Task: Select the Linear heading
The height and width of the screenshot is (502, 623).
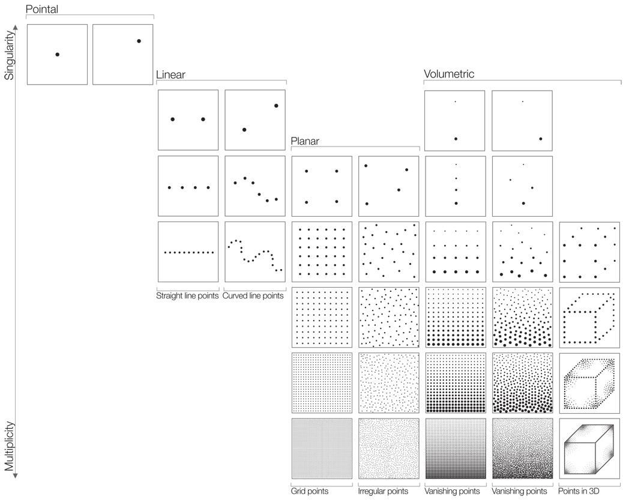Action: [170, 75]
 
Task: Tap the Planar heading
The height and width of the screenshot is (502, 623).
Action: [305, 142]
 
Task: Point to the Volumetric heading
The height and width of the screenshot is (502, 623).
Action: [449, 74]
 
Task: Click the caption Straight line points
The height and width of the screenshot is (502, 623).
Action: [187, 296]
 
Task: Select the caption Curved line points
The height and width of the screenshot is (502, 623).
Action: [253, 296]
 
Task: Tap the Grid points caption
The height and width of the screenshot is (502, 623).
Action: [310, 491]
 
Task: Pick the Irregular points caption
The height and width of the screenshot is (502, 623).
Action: [383, 491]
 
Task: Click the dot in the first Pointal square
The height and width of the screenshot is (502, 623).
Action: [57, 55]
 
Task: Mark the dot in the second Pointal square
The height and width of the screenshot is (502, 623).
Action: [139, 41]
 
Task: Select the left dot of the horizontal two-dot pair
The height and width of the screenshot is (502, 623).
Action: [172, 119]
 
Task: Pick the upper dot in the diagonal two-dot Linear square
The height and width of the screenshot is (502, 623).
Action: [276, 106]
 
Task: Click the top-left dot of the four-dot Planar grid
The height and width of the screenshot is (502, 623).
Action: [306, 171]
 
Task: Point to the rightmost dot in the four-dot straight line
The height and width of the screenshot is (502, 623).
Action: [208, 188]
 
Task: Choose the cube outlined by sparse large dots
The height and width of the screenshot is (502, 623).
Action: [589, 318]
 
